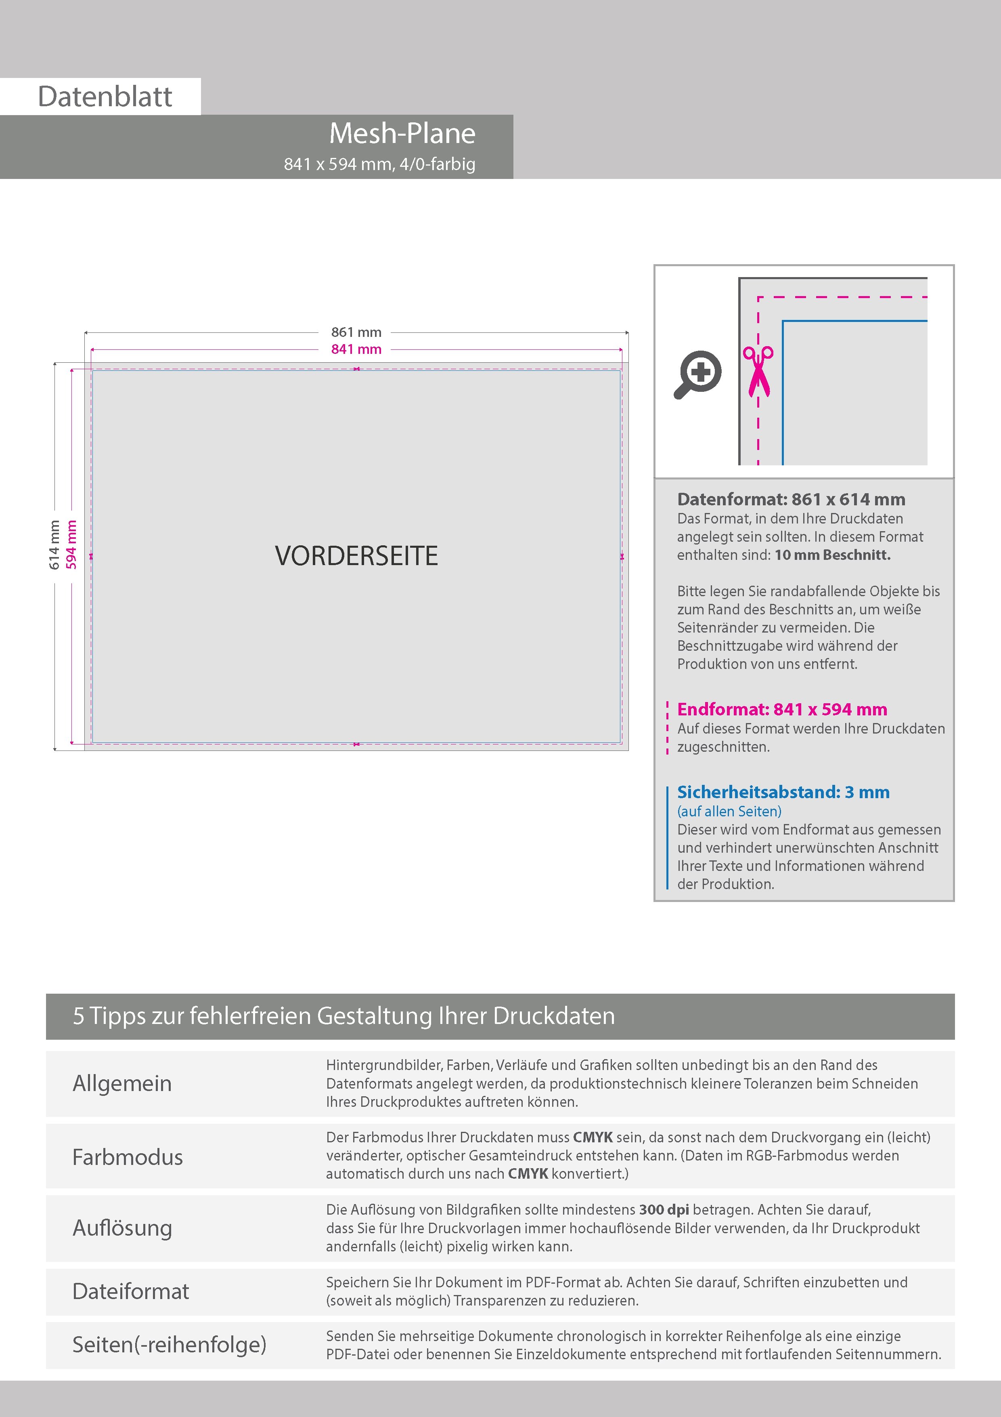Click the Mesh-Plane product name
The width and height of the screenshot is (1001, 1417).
pos(402,133)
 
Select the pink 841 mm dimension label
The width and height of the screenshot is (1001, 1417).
pos(356,349)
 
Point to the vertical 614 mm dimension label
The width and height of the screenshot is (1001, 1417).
pos(54,545)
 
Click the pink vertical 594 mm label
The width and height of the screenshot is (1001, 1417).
pos(71,545)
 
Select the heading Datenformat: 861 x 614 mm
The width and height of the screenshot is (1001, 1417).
pos(791,499)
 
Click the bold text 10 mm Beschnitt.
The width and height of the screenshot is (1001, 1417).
pos(832,555)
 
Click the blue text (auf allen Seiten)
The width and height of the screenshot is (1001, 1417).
pos(729,811)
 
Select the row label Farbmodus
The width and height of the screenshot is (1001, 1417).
pos(128,1157)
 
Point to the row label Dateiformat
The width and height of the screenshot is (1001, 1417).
pos(131,1291)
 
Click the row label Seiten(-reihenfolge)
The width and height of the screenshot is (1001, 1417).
pos(169,1344)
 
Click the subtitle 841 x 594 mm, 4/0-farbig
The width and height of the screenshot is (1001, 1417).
pos(379,164)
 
